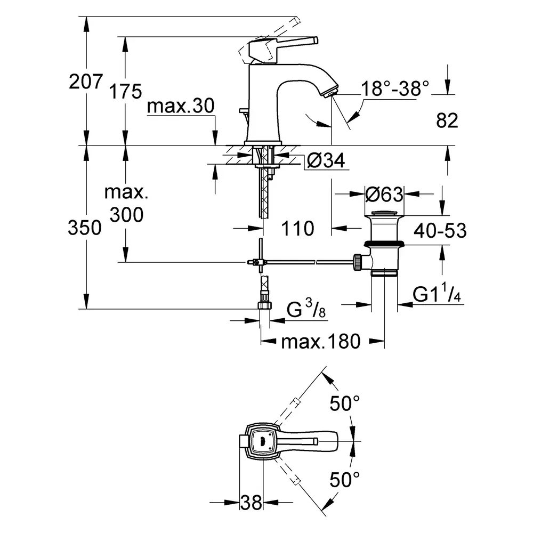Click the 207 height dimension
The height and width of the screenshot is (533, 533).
pyautogui.click(x=85, y=81)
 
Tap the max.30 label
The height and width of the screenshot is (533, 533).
pyautogui.click(x=181, y=107)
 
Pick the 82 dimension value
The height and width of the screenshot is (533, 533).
pyautogui.click(x=447, y=120)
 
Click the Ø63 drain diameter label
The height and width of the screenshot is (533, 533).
pyautogui.click(x=384, y=195)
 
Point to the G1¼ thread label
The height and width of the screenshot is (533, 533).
pyautogui.click(x=437, y=295)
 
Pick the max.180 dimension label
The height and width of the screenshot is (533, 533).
pyautogui.click(x=321, y=341)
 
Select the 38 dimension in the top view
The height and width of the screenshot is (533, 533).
pyautogui.click(x=251, y=502)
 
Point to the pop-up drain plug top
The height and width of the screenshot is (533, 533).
pyautogui.click(x=385, y=215)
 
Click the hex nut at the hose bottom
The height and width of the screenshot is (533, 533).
pyautogui.click(x=264, y=305)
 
